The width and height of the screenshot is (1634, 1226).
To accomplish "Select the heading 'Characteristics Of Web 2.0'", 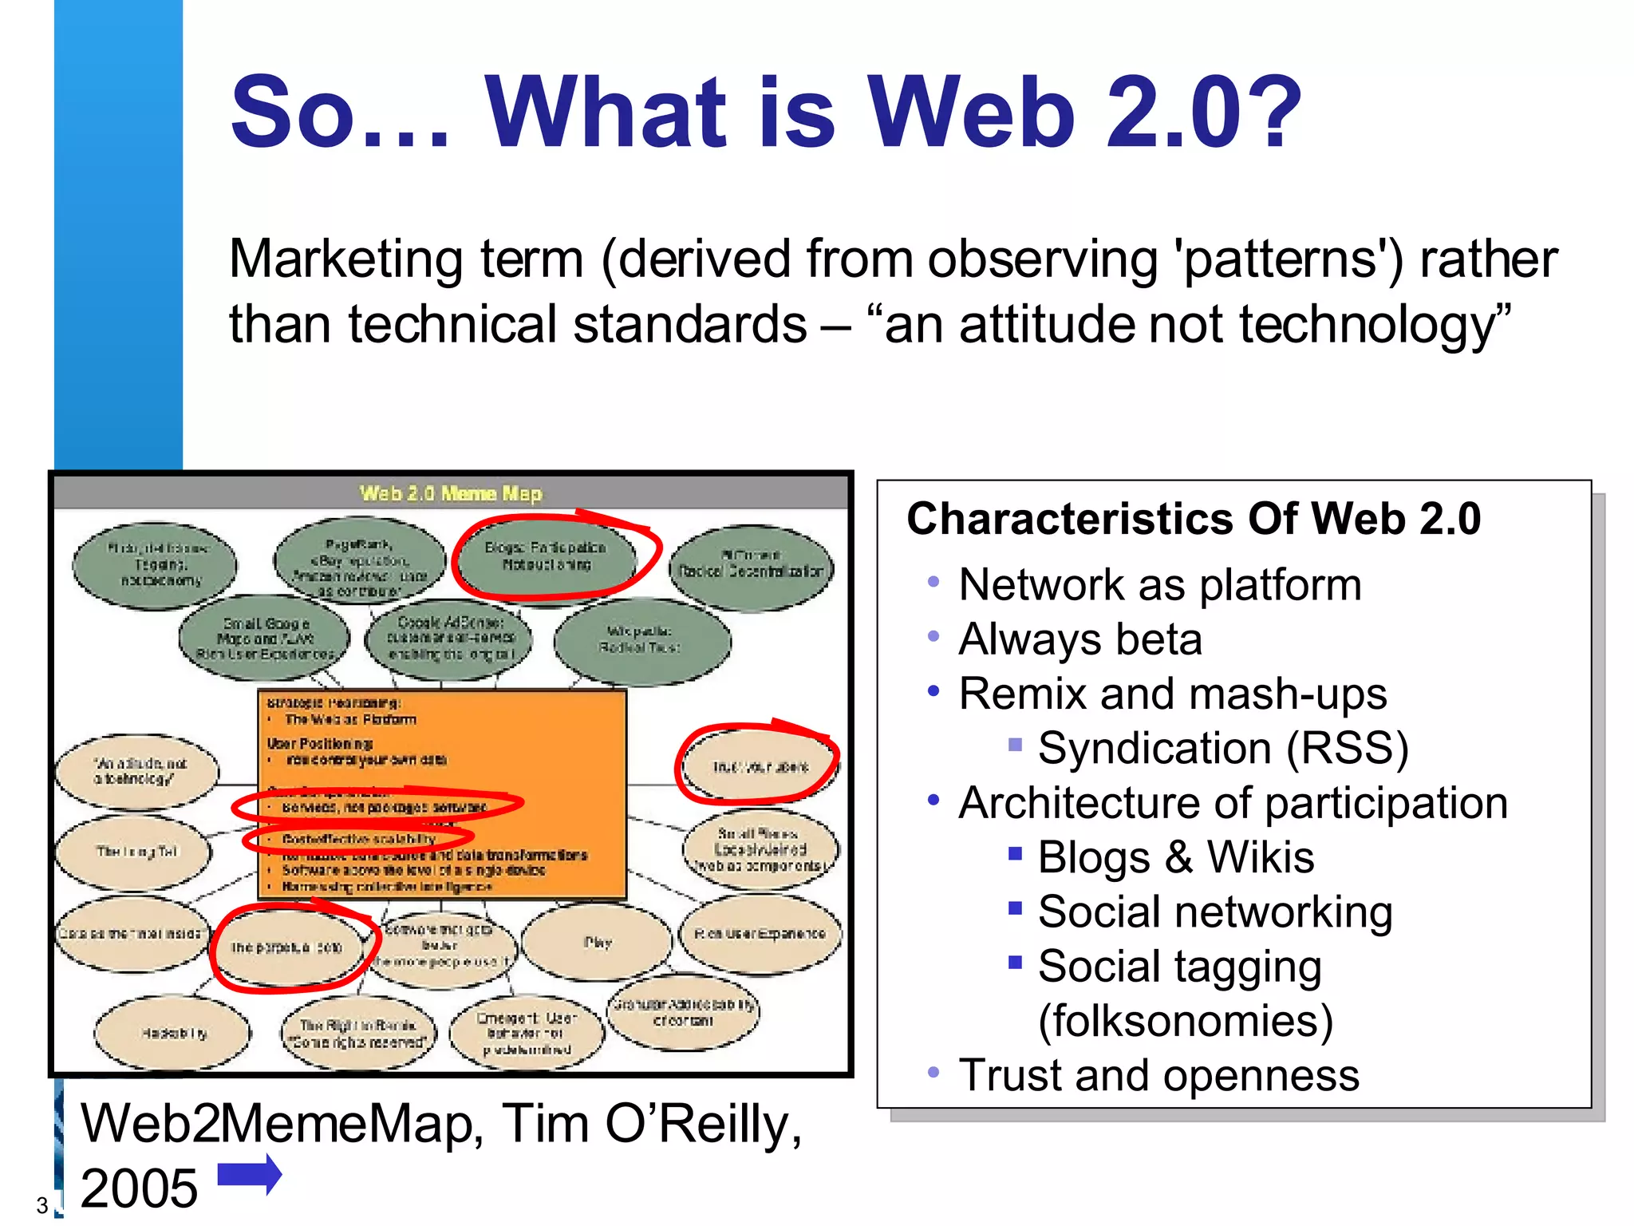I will click(x=1194, y=519).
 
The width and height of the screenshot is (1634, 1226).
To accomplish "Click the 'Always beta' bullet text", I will click(x=1079, y=639).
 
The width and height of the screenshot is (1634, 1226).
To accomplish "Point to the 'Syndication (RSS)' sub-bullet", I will click(x=1222, y=749).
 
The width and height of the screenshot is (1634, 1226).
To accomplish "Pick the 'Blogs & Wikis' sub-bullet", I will click(x=1175, y=858).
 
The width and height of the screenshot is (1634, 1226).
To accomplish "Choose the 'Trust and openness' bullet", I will click(x=1158, y=1075).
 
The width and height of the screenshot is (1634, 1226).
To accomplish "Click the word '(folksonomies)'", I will click(x=1186, y=1021).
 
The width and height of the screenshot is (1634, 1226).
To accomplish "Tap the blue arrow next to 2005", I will click(x=250, y=1175).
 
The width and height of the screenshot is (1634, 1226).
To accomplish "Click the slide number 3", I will click(x=41, y=1205).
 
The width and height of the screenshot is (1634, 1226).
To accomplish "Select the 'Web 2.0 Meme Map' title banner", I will click(x=451, y=493).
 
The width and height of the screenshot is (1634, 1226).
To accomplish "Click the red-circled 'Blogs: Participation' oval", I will click(x=546, y=556).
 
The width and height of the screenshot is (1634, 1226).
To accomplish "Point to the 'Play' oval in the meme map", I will click(x=598, y=943).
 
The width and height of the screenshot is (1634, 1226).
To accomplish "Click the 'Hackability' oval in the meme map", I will click(x=173, y=1034).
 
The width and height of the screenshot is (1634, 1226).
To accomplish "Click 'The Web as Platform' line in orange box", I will click(x=350, y=719).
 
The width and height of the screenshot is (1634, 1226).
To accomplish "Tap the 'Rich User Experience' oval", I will click(x=760, y=934).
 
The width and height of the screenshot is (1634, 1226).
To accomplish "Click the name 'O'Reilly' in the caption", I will click(x=702, y=1125).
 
